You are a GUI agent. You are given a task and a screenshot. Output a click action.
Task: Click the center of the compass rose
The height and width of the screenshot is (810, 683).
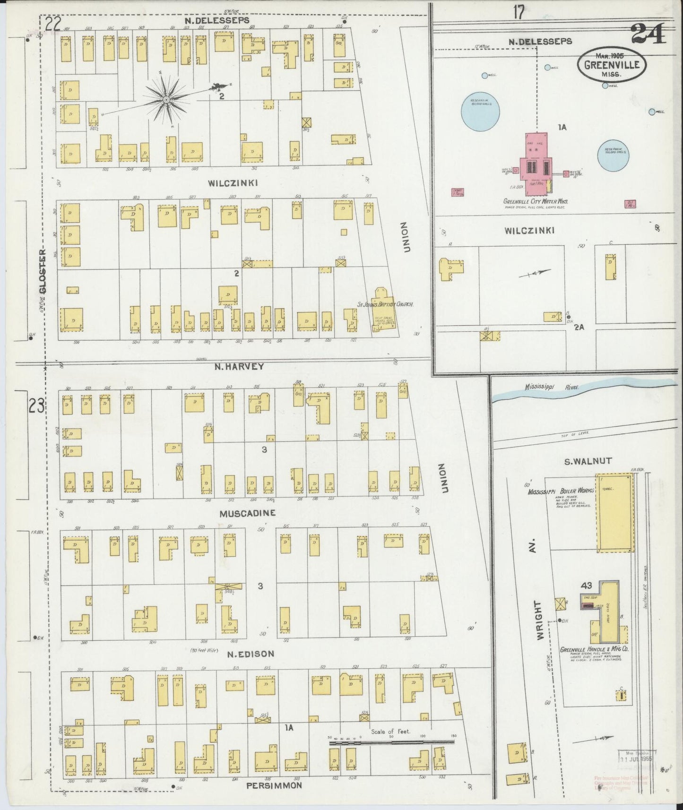coord(166,100)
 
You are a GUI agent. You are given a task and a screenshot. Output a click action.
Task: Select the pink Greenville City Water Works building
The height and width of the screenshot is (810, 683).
coord(537,163)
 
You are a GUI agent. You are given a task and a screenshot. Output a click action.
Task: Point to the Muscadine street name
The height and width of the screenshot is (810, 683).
coord(248,513)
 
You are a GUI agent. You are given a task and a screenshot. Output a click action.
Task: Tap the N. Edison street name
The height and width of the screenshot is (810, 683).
coord(250,654)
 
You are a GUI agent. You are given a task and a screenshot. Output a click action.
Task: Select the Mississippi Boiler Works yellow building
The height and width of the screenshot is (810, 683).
coord(615,513)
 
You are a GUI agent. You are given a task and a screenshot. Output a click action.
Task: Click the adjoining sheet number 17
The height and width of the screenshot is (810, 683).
coord(519,13)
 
